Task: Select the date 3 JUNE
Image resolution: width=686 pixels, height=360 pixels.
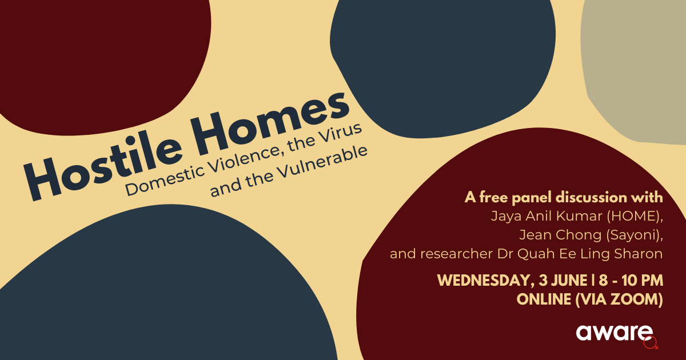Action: pyautogui.click(x=563, y=281)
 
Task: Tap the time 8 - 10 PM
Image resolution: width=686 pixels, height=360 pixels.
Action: pyautogui.click(x=631, y=281)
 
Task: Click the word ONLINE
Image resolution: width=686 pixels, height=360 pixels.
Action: pyautogui.click(x=544, y=299)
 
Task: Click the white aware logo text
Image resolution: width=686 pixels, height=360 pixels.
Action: pyautogui.click(x=614, y=333)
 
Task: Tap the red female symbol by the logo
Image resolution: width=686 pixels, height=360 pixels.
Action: pyautogui.click(x=651, y=343)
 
